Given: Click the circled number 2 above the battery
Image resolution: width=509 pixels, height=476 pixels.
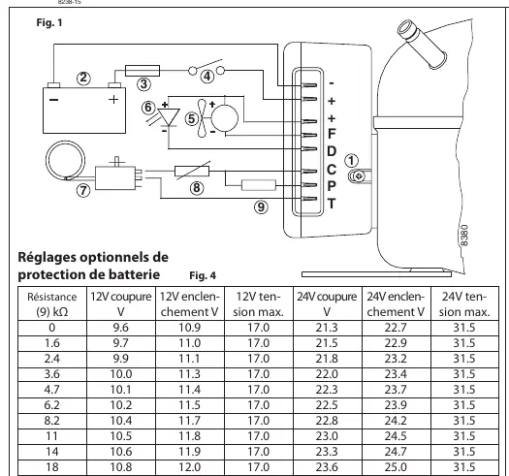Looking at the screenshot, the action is pos(83,78).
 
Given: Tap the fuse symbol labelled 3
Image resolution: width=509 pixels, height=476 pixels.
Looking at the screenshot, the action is pos(143,71).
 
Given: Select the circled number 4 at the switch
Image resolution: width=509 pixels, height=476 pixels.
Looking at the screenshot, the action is pos(207,77).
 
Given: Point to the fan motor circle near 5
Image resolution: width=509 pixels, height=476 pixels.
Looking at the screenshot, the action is pos(224,118).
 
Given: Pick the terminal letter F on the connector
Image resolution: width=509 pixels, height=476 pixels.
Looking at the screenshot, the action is pos(332,134).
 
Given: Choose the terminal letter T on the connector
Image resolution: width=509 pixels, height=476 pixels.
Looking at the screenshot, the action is pos(332,204).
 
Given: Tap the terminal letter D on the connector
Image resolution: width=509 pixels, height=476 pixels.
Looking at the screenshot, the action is pos(332,151).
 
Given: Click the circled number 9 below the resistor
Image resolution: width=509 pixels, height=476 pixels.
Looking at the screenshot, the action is pos(262,206).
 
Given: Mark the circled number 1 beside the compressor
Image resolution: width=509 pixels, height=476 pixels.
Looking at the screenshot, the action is pos(351,160).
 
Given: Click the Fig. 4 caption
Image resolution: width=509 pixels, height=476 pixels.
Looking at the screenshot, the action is pos(203,275).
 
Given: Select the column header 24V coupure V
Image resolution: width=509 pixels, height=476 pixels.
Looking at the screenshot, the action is pos(327,303).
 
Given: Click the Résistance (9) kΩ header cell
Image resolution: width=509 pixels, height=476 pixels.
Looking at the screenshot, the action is pos(52,303).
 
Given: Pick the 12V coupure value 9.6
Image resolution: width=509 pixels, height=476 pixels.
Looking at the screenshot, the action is pos(121,328).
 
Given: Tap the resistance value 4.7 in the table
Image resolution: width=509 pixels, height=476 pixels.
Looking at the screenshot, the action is pos(52,390).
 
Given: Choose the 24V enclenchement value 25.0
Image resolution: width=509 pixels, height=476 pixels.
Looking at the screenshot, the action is pos(396,467).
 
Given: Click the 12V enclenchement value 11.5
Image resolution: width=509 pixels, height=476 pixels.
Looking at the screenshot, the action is pos(190,405).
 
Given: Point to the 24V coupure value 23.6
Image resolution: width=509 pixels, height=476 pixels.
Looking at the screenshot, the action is pos(327,467).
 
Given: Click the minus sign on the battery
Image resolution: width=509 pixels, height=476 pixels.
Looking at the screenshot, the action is pos(54,99).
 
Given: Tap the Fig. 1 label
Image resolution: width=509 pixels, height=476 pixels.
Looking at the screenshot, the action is pos(49,22).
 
